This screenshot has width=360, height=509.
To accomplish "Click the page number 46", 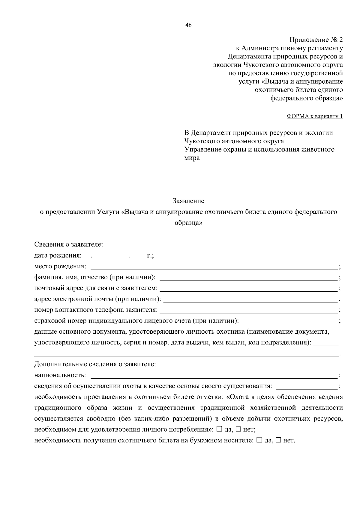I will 188,25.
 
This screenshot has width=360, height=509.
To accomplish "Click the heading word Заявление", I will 188,201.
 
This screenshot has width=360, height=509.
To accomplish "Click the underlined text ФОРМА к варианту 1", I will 314,116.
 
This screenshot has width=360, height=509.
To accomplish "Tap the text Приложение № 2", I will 316,40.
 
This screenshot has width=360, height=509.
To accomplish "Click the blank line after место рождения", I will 214,266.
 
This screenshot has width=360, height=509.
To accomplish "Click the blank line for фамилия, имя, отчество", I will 248,277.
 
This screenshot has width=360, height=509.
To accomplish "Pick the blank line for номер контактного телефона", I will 249,310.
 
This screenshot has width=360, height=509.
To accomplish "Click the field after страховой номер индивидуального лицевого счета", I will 290,321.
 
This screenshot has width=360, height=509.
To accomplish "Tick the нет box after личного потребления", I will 238,429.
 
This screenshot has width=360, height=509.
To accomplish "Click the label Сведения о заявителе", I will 69,245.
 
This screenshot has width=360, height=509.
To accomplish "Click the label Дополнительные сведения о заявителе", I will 95,364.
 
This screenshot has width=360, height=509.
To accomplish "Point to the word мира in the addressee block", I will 192,158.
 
